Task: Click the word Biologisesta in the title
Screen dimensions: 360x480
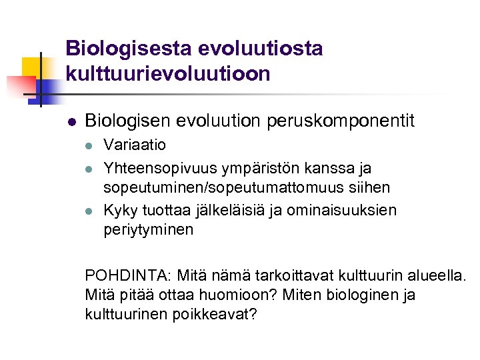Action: pos(127,49)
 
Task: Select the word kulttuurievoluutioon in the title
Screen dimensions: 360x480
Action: pos(168,73)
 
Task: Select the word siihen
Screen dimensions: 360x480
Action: pos(372,188)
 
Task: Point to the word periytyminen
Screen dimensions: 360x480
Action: pos(149,230)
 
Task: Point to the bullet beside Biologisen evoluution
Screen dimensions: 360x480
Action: pos(71,122)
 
